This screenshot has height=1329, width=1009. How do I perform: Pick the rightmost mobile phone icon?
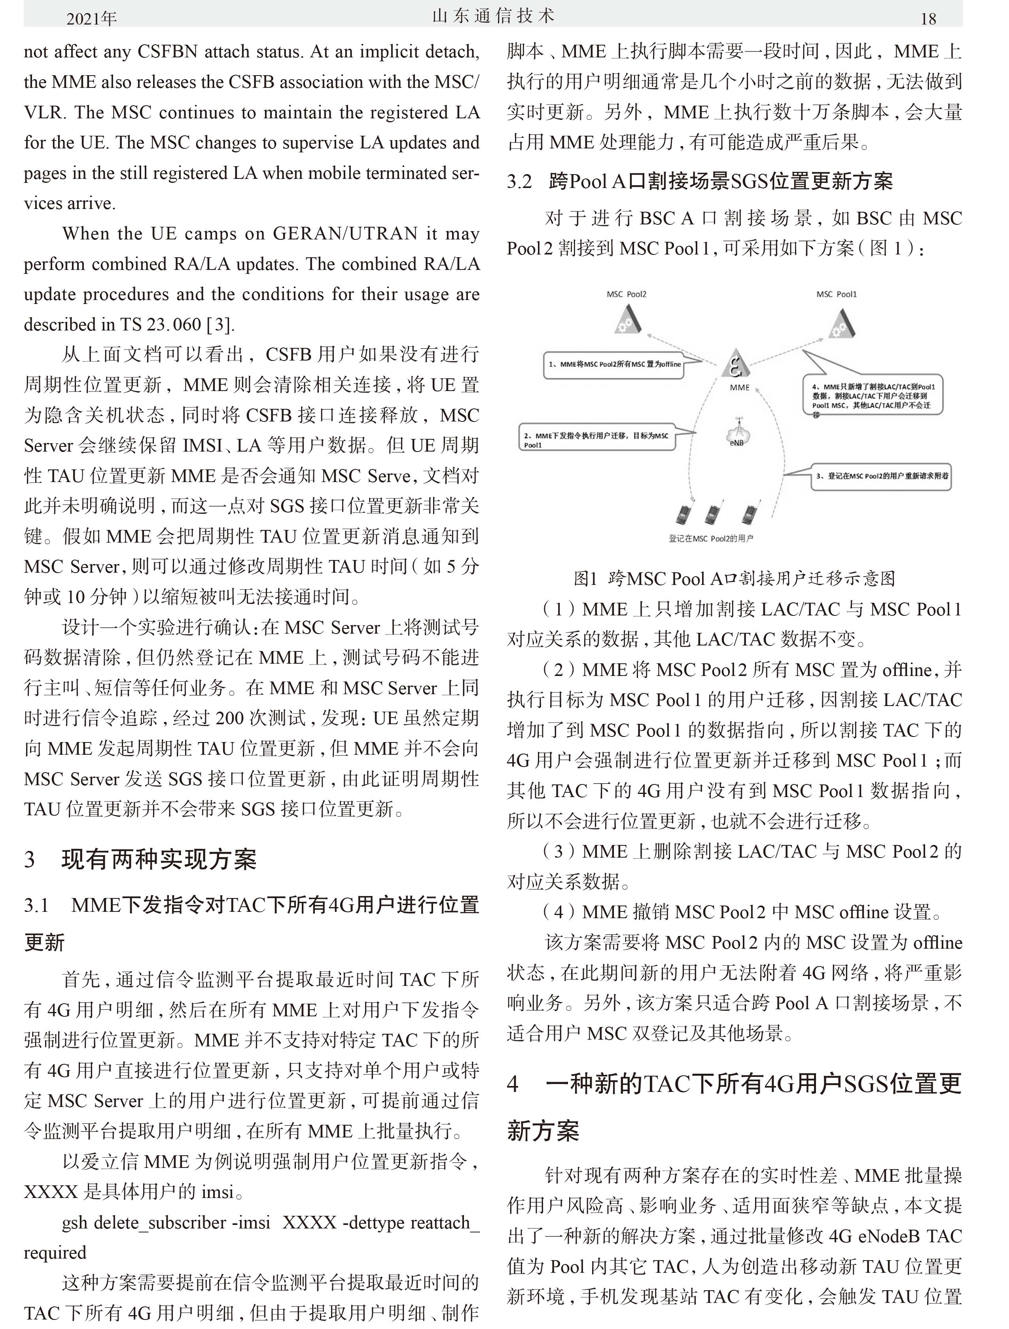coord(749,514)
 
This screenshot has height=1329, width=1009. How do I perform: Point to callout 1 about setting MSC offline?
coord(614,364)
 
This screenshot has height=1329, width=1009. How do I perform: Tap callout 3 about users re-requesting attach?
coord(881,476)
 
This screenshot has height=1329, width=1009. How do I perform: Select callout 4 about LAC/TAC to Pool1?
coord(873,396)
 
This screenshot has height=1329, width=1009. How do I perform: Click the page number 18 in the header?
coord(928,19)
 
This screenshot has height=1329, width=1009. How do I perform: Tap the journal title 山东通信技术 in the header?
coord(493,16)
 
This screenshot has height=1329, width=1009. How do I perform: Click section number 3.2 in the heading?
coord(519,181)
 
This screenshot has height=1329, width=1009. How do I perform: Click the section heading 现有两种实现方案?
coord(159,859)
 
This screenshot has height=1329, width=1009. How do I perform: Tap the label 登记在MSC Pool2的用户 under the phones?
coord(711,538)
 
